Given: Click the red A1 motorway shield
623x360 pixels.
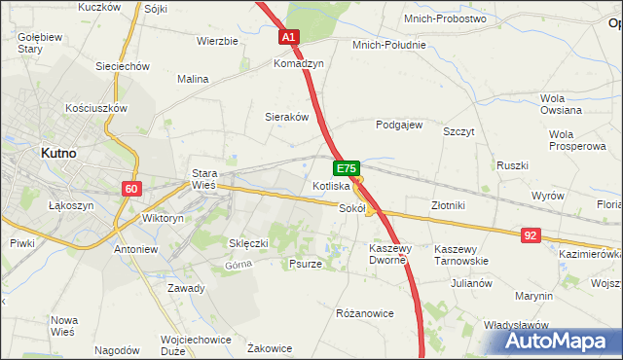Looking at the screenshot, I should tap(289, 37).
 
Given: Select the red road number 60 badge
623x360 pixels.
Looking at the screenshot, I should tap(132, 188).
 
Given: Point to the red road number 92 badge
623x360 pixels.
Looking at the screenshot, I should tap(530, 234).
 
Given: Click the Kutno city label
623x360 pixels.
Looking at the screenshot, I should tap(59, 153).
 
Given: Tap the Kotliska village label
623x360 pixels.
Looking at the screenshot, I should tap(331, 186).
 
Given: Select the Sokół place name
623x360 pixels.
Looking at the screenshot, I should tap(351, 207).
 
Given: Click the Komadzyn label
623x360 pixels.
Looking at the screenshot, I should tap(298, 62).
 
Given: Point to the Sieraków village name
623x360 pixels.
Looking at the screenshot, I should tap(287, 116).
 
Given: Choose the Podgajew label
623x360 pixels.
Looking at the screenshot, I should tap(399, 126).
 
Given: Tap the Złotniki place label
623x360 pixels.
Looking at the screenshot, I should tap(449, 205).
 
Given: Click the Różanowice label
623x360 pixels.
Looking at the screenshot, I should tap(363, 313).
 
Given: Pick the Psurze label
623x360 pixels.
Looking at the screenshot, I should tap(306, 264).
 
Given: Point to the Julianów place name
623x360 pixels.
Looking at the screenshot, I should tap(471, 284).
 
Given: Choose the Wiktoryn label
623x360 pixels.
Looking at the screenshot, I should tap(163, 219).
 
